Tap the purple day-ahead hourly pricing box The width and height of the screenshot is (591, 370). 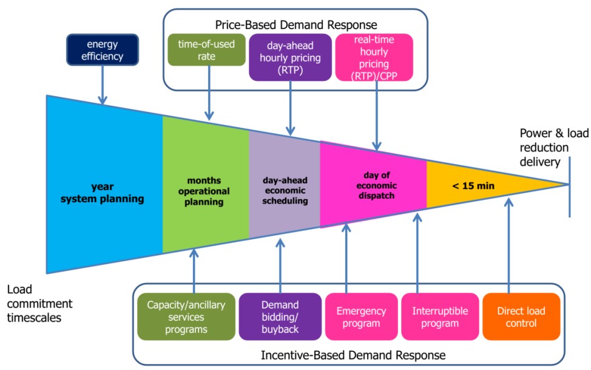(290, 57)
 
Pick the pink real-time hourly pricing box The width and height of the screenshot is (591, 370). (374, 57)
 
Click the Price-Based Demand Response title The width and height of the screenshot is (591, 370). (296, 25)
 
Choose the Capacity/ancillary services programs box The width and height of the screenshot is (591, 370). (185, 317)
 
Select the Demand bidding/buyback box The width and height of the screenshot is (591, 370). (280, 317)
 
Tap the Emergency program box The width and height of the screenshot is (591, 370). (361, 317)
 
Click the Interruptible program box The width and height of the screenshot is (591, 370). (440, 317)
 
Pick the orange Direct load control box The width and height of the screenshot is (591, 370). (521, 317)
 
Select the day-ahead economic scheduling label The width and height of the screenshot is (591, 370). (285, 191)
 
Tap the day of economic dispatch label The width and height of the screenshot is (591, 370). (373, 185)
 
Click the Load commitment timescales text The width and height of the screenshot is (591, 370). (40, 303)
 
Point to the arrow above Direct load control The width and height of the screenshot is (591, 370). (508, 243)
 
